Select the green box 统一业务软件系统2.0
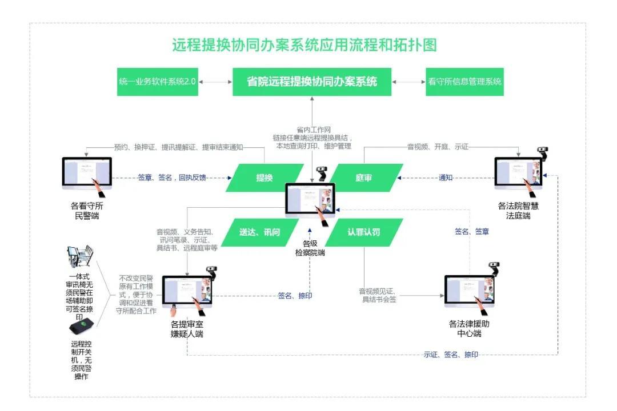pos(157,82)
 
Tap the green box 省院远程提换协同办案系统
pos(312,82)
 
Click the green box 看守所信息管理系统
pos(464,82)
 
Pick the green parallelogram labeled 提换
pos(265,178)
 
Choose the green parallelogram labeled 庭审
pos(364,178)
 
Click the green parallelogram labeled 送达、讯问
pos(260,232)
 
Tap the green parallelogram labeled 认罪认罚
pos(364,232)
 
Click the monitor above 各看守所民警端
pos(87,173)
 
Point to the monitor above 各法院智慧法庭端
pos(518,173)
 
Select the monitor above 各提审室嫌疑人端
pos(187,293)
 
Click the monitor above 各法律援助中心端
pos(468,292)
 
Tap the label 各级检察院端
pos(310,248)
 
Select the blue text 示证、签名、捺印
pos(451,355)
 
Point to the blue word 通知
pos(446,178)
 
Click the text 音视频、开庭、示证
pos(438,147)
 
